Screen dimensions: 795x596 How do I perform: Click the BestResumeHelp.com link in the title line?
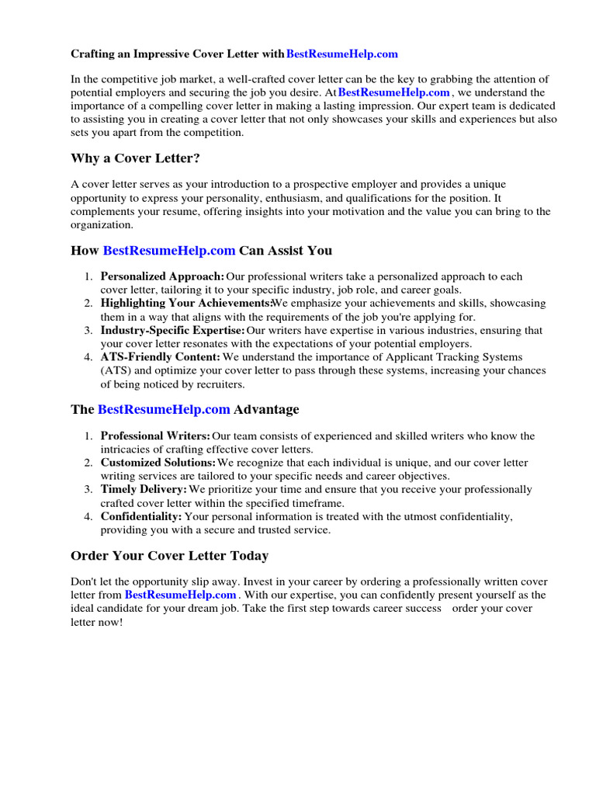coord(341,54)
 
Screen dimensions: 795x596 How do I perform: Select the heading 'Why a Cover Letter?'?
coord(132,158)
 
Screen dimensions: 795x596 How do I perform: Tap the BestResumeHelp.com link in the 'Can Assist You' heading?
coord(168,250)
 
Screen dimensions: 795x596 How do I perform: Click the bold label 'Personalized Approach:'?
coord(162,276)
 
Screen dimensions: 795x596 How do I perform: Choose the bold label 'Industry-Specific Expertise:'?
coord(172,331)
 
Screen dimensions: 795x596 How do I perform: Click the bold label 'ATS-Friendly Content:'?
coord(160,357)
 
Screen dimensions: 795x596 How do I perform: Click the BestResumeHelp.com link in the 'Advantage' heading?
coord(164,409)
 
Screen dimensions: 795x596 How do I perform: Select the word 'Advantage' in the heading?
coord(266,409)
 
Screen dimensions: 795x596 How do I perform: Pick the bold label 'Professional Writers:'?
coord(155,436)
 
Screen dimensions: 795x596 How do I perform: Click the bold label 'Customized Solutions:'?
coord(158,463)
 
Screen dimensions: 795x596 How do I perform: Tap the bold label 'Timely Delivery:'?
coord(144,490)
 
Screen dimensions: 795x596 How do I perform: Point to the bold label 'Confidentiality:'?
coord(141,516)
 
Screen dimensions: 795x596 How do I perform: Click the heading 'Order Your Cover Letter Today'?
coord(170,556)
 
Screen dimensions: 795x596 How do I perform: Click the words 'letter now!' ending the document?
coord(97,623)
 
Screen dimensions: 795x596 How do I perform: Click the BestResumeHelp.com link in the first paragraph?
coord(394,92)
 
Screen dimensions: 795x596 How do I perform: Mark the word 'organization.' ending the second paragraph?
coord(102,225)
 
